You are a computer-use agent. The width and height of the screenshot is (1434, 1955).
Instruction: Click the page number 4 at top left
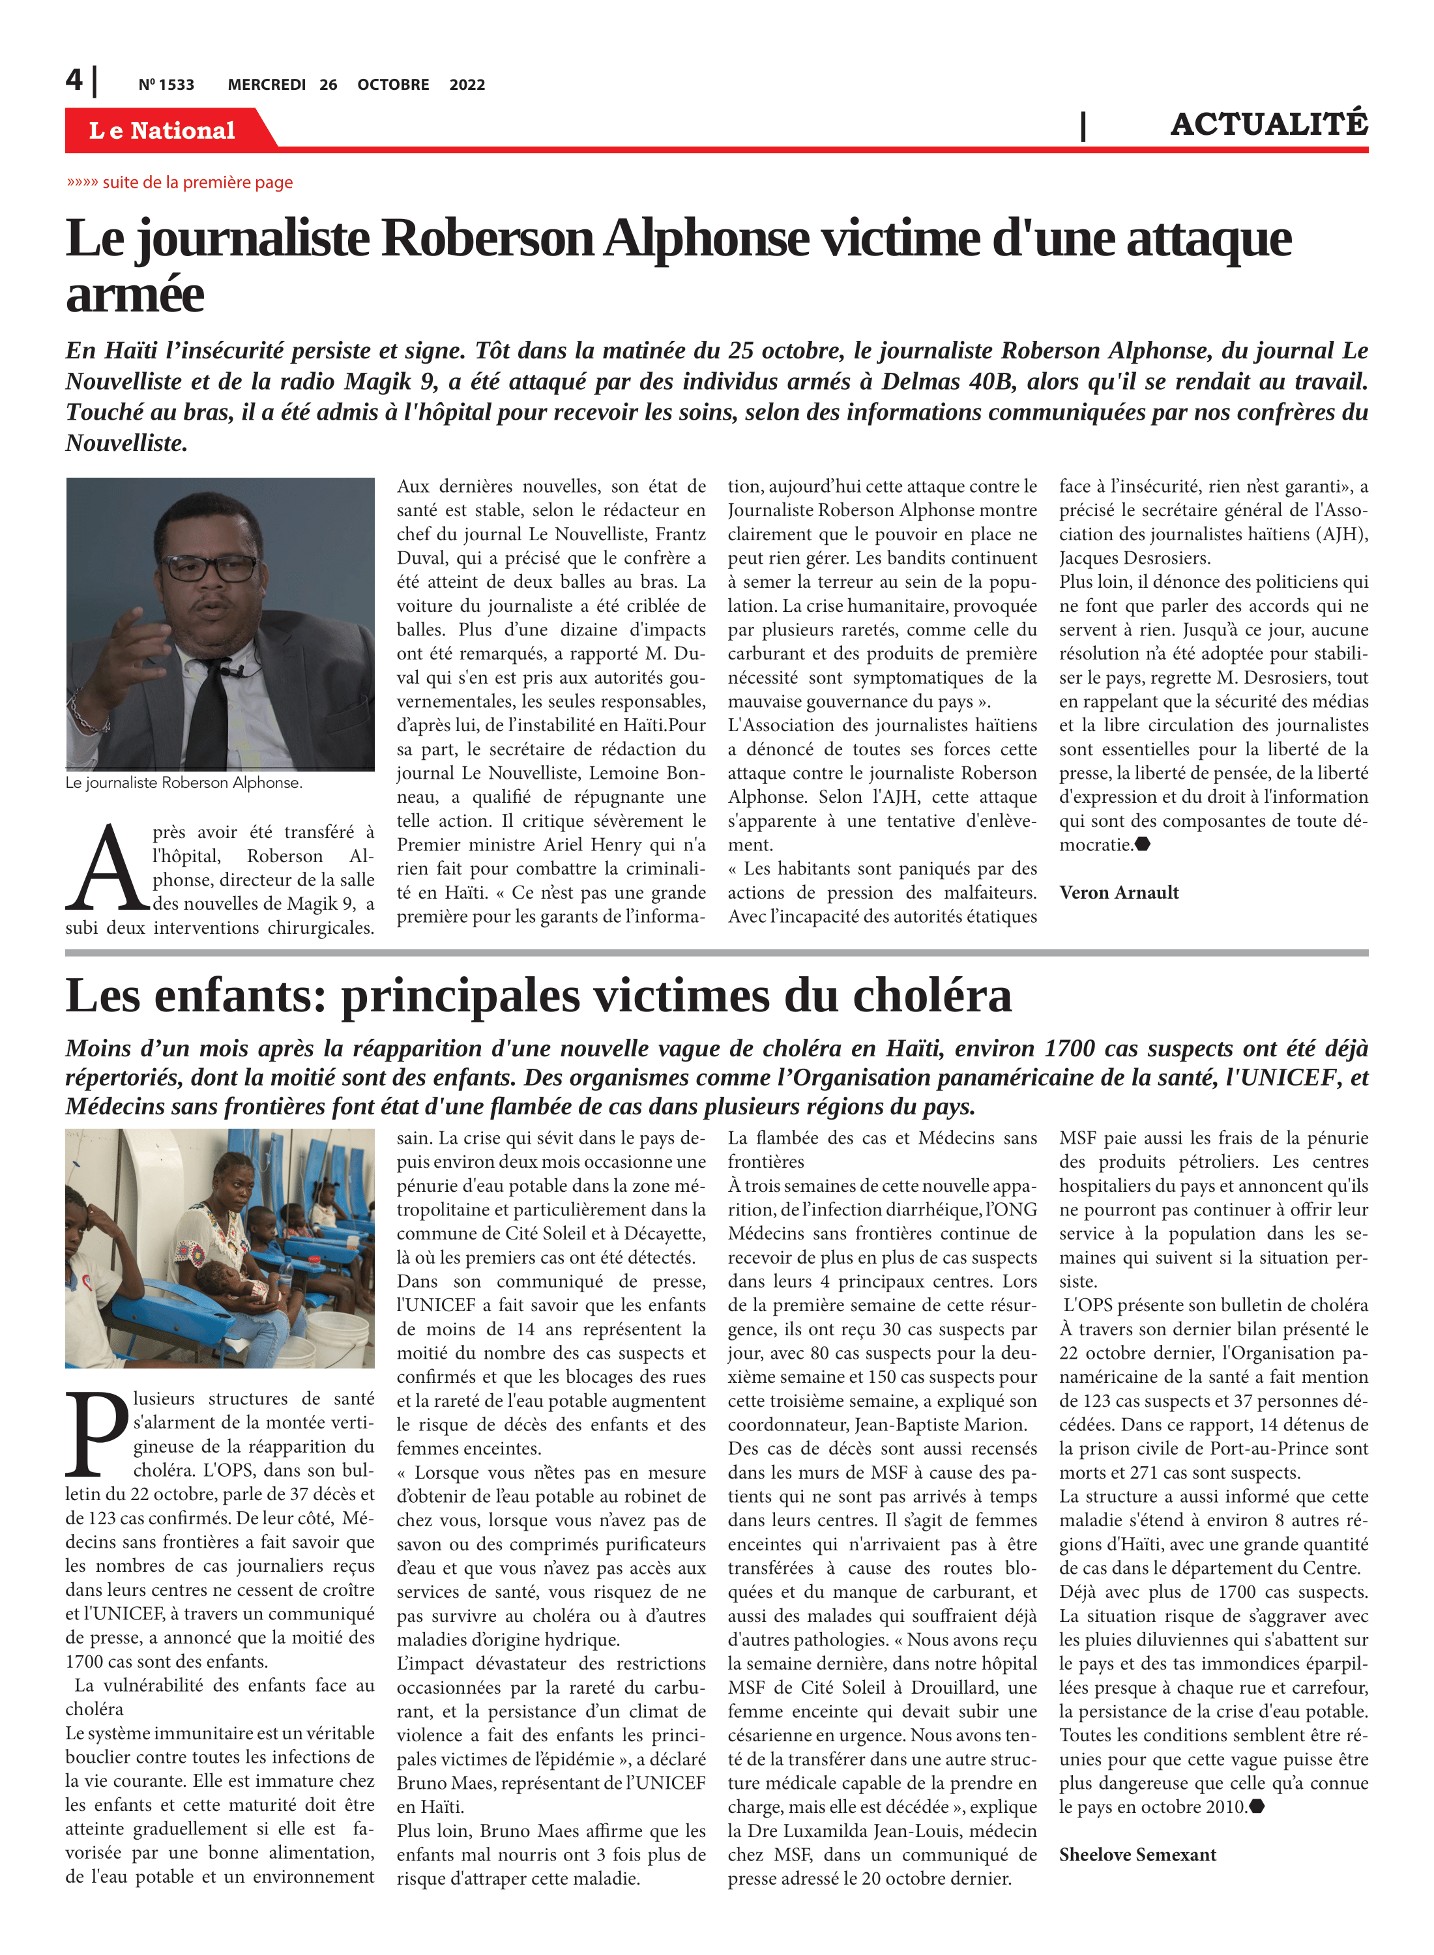click(x=74, y=80)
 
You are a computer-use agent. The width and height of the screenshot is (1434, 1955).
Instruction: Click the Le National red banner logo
click(x=162, y=130)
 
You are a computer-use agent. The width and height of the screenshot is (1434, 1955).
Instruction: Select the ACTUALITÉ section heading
click(x=1268, y=124)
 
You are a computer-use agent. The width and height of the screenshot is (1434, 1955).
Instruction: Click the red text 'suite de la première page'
click(x=197, y=182)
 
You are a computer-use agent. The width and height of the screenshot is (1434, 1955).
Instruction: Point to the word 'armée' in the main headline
click(x=134, y=295)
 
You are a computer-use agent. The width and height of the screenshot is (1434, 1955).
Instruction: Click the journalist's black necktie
click(x=209, y=712)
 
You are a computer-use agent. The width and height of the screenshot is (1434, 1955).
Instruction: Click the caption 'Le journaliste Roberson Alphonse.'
click(x=184, y=783)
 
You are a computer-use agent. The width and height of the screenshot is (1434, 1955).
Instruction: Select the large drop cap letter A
click(x=107, y=869)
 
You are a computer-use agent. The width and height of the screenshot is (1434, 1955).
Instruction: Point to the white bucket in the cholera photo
click(x=338, y=1337)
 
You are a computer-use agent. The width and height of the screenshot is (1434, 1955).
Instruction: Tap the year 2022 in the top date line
click(x=467, y=85)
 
